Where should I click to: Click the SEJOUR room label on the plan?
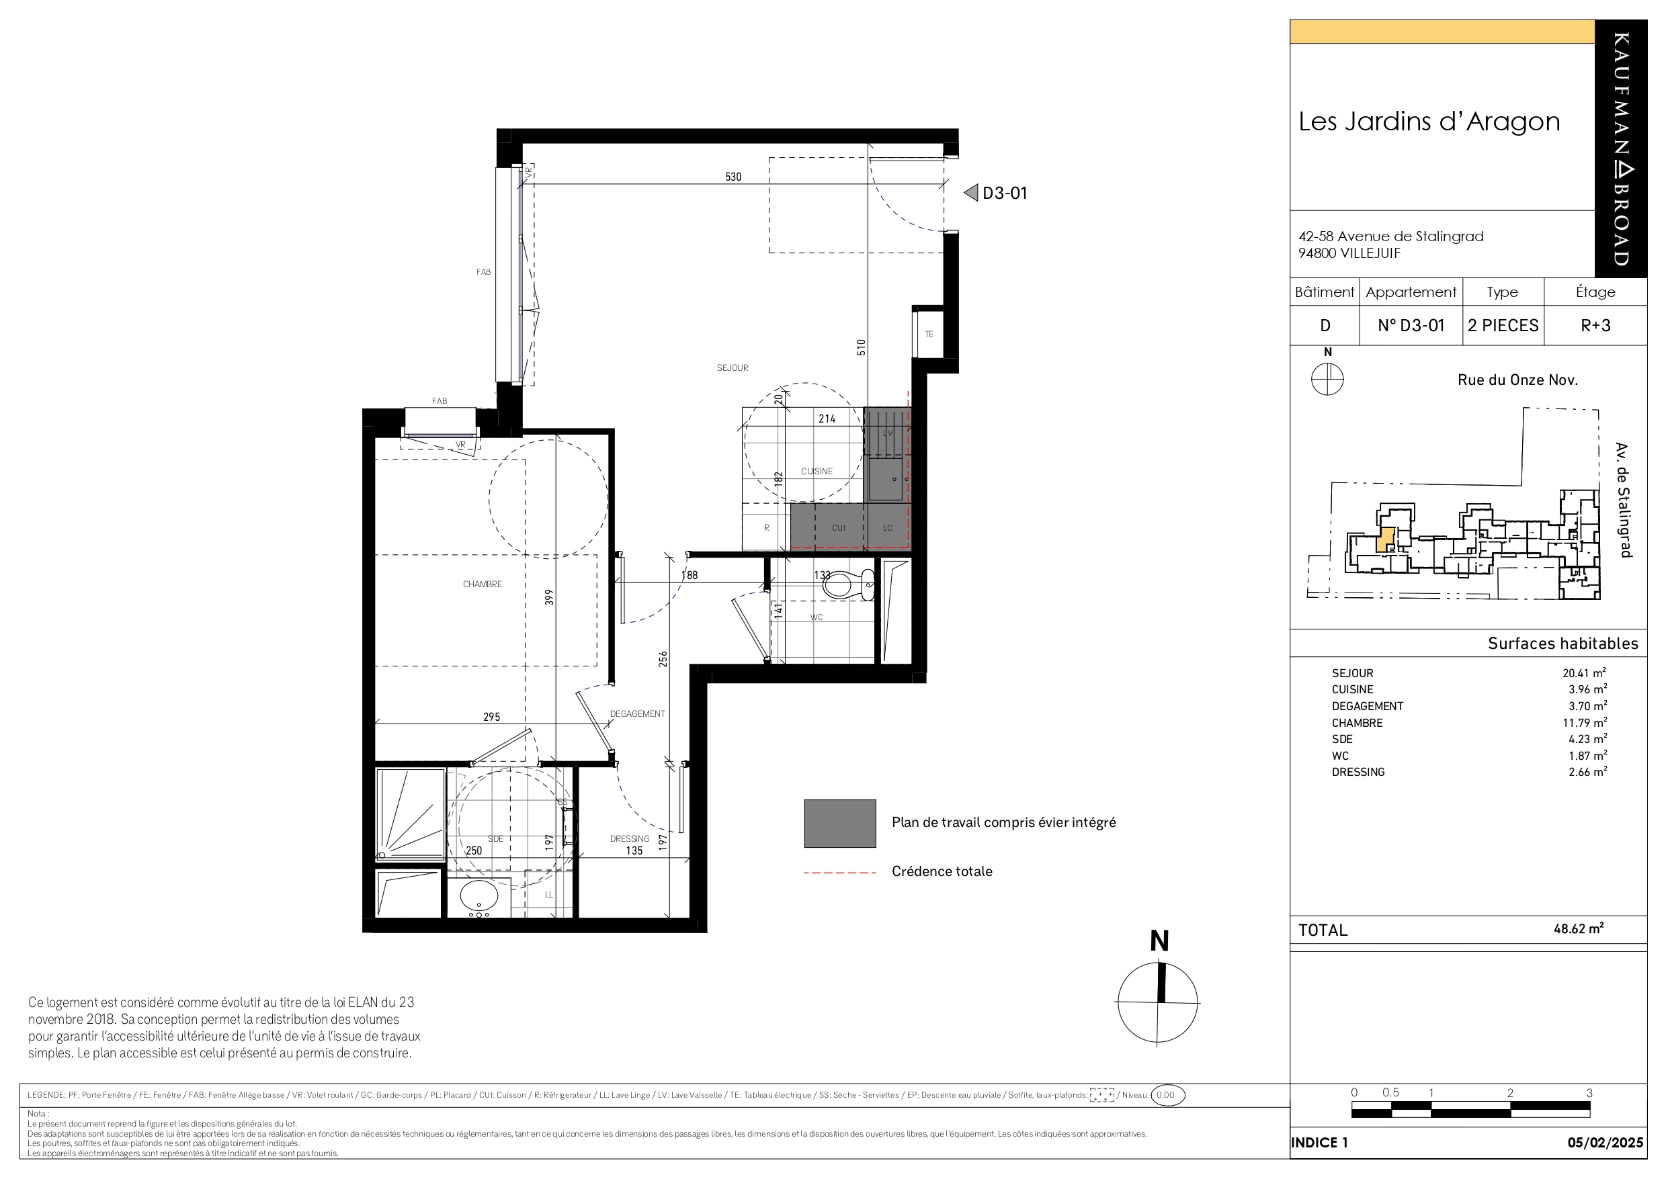tap(733, 368)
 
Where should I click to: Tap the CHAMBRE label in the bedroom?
tap(483, 584)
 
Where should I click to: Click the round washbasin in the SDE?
tap(478, 896)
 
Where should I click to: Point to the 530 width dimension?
tap(733, 177)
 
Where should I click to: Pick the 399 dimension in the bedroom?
tap(550, 597)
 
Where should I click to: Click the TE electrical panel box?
tap(929, 333)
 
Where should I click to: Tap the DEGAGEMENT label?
tap(637, 714)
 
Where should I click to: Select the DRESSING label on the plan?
tap(629, 838)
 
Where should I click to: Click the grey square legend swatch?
tap(840, 823)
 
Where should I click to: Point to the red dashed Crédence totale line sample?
tap(840, 873)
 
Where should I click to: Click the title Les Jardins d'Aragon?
tap(1429, 122)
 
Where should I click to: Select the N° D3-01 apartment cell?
tap(1411, 325)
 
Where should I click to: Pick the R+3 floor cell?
tap(1595, 325)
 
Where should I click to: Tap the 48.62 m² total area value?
tap(1579, 928)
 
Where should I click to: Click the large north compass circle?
tap(1158, 1003)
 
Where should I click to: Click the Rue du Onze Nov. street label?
tap(1517, 380)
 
